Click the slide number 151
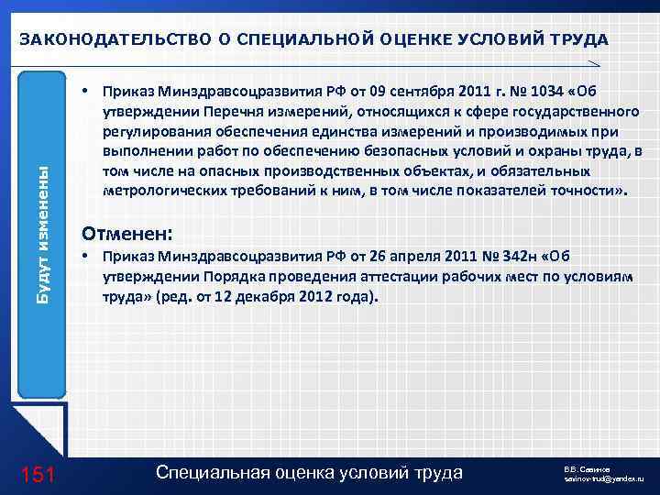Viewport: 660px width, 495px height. point(39,473)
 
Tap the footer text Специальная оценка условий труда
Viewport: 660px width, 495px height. point(310,472)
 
